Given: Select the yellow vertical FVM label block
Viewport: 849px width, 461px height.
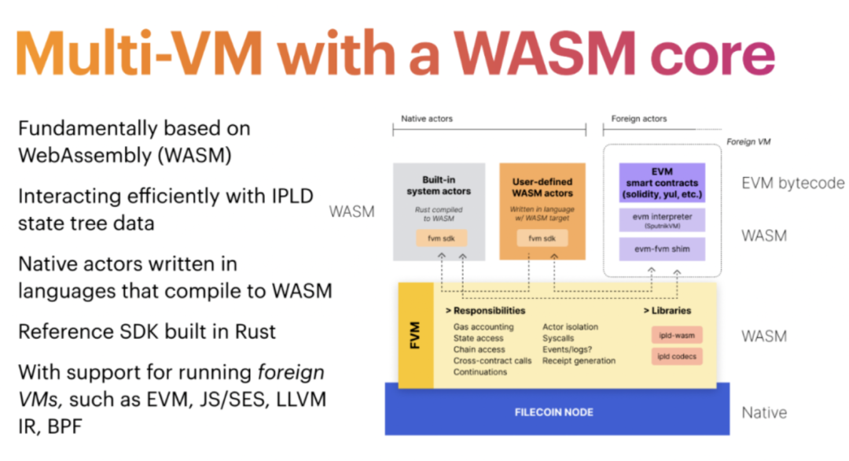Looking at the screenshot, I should tap(416, 335).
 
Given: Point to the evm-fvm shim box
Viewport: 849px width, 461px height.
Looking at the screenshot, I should tap(661, 249).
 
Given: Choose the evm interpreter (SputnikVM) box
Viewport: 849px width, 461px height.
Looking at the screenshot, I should tap(661, 219).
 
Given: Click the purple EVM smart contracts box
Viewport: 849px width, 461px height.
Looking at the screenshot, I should tap(661, 183).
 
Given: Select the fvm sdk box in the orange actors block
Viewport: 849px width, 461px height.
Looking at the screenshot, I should tap(542, 238).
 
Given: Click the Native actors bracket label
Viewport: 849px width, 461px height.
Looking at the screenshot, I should tap(427, 119).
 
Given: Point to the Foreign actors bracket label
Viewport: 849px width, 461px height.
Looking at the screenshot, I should tap(639, 119).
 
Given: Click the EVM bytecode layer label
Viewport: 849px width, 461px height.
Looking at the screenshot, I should tap(792, 183).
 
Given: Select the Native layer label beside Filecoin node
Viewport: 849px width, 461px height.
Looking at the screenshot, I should tap(764, 412).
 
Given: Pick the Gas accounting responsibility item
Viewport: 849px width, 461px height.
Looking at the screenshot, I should tap(483, 326).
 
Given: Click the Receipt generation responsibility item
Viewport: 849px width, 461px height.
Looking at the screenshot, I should tap(579, 360).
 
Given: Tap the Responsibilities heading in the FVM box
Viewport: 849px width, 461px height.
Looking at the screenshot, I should tap(485, 311).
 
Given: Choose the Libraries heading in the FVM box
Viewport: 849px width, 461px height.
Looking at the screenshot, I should tap(671, 311).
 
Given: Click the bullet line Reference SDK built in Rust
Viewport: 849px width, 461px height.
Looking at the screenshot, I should tap(147, 331).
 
